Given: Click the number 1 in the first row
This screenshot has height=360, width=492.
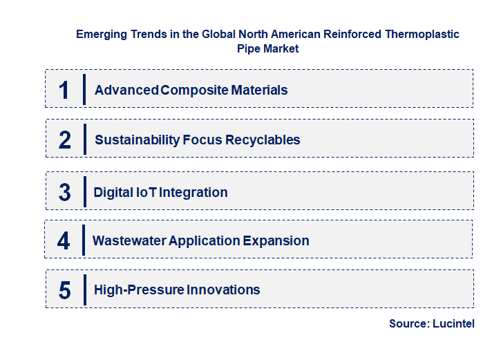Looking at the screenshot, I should [x=64, y=91].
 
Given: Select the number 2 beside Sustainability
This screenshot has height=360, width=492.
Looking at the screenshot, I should [x=65, y=140].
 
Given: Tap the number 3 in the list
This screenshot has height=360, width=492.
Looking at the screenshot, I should [x=65, y=193].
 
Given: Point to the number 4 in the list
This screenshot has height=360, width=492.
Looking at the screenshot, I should [x=64, y=241].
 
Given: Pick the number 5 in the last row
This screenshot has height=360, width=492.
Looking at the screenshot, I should [x=65, y=290].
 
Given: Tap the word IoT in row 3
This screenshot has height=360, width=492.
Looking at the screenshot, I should [x=145, y=193].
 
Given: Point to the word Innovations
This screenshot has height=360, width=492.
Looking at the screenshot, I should [x=223, y=290].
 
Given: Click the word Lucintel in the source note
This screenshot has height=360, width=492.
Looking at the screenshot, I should [x=453, y=324].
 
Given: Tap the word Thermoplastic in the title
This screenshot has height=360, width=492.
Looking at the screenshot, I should [x=421, y=34].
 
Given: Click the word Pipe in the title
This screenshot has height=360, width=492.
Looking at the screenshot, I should [x=248, y=48].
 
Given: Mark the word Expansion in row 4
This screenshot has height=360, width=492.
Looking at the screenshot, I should [x=276, y=241].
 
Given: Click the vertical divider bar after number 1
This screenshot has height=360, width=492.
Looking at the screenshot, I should [x=84, y=90].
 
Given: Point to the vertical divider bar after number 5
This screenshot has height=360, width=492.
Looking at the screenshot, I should [x=84, y=289].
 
